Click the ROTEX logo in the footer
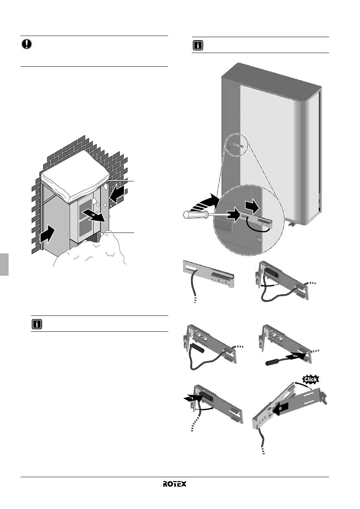pos(174,484)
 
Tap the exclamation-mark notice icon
pos(27,44)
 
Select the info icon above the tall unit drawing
pos(198,45)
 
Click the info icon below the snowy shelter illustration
pos(37,324)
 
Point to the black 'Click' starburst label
pos(310,379)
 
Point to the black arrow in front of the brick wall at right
pos(117,194)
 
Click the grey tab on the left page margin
pos(4,264)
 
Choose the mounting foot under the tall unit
pos(292,223)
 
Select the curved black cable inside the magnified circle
pos(258,227)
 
